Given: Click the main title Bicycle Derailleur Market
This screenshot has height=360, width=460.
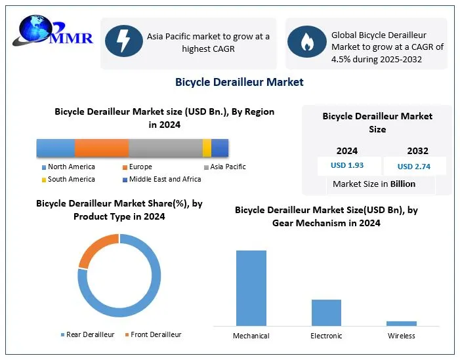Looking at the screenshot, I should tap(239, 82).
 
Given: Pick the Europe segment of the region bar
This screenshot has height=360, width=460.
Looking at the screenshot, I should tap(102, 148).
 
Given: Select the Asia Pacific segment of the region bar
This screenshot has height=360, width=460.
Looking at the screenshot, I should tap(165, 148).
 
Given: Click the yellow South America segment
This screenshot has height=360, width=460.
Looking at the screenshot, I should tap(207, 148).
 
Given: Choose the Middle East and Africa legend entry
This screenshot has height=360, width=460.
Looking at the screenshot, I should tap(165, 179).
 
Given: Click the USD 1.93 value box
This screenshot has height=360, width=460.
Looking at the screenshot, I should tap(347, 166).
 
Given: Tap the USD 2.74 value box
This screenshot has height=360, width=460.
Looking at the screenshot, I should tap(414, 167).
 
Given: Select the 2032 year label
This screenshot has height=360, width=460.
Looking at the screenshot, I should tap(417, 151).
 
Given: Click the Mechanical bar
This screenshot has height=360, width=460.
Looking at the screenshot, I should tap(251, 288).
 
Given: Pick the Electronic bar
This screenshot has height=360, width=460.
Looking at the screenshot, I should tap(326, 312).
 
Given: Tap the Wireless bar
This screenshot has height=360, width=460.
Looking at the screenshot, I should tap(402, 323).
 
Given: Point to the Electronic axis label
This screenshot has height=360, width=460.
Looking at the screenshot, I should tap(326, 336).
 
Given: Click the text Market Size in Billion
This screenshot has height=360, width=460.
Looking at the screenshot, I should tap(374, 184).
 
